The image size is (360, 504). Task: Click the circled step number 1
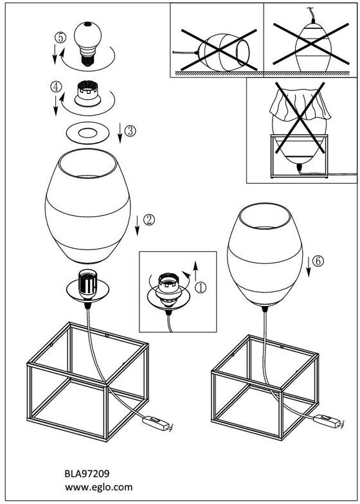[201, 287]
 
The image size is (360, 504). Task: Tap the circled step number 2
[148, 220]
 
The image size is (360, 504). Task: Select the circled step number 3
[130, 131]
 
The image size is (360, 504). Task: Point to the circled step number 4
[56, 87]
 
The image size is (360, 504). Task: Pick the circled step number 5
[60, 37]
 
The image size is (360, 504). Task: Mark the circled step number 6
[318, 261]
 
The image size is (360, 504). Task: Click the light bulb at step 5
[87, 44]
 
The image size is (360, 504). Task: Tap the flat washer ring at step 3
[87, 132]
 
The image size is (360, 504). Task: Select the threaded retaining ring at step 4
[87, 94]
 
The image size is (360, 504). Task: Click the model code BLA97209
[87, 473]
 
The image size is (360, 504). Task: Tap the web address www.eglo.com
[99, 487]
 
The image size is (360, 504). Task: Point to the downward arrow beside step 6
[309, 267]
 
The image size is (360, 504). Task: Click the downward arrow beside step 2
[138, 226]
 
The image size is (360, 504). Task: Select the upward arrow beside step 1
[195, 271]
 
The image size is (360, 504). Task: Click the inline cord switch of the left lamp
[157, 424]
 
